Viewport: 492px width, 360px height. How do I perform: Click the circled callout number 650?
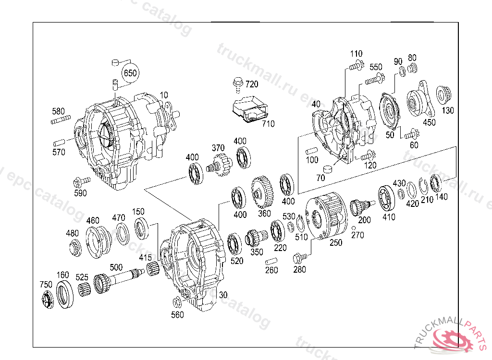click(x=130, y=73)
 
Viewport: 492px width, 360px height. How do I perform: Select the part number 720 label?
click(x=252, y=84)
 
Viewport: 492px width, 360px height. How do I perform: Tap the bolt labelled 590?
click(x=80, y=181)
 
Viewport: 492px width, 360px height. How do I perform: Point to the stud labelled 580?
click(x=61, y=120)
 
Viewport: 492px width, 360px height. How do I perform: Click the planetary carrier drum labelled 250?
click(x=327, y=215)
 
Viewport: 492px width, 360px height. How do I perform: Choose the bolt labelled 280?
click(x=299, y=258)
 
